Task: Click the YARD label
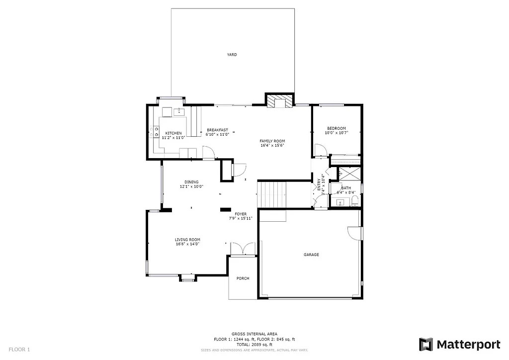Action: tap(232, 55)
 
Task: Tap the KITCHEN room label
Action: tap(173, 133)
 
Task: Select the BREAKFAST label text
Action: tap(217, 130)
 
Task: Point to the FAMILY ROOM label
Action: tap(272, 141)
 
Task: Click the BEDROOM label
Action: tap(336, 128)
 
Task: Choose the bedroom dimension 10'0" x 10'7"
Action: tap(336, 133)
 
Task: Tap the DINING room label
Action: tap(191, 182)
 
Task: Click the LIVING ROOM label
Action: tap(187, 240)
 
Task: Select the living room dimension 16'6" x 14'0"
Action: tap(187, 244)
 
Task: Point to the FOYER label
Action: tap(241, 214)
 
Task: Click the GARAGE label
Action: tap(311, 255)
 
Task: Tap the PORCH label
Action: tap(243, 278)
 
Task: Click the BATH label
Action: tap(345, 188)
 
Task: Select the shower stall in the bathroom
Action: tap(349, 174)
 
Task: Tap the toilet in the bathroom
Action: tap(354, 201)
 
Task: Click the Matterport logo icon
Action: tap(426, 344)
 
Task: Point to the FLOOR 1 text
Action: tap(19, 350)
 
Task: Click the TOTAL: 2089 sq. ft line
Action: tap(254, 344)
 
